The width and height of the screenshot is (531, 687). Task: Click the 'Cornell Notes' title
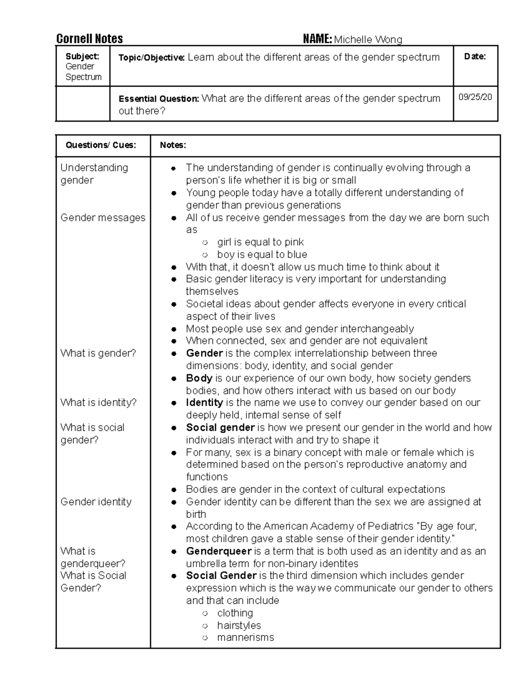[x=89, y=39]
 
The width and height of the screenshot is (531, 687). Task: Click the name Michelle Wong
[x=368, y=40]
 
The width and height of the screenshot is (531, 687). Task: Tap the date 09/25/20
[x=475, y=97]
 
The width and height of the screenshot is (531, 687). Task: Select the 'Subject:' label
[x=82, y=56]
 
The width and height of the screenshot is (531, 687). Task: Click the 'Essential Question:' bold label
[x=159, y=99]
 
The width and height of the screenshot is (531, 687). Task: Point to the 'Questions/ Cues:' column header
[x=101, y=145]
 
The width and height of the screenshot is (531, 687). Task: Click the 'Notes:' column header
[x=173, y=145]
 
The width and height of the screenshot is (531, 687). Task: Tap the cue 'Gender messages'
[x=103, y=218]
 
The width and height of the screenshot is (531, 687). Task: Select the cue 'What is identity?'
[x=98, y=403]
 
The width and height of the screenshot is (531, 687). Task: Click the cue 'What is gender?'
[x=98, y=353]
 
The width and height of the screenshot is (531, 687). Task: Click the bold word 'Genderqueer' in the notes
[x=219, y=551]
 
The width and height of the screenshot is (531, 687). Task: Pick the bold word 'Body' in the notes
[x=199, y=378]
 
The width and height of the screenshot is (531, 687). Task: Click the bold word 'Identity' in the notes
[x=204, y=403]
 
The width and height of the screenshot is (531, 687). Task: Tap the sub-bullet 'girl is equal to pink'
[x=260, y=242]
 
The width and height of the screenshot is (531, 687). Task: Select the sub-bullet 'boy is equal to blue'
[x=262, y=254]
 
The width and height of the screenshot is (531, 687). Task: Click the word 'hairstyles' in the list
[x=239, y=626]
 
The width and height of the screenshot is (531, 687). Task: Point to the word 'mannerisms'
[x=246, y=637]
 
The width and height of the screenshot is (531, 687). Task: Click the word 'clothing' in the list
[x=235, y=613]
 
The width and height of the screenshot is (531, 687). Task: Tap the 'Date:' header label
[x=475, y=57]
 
